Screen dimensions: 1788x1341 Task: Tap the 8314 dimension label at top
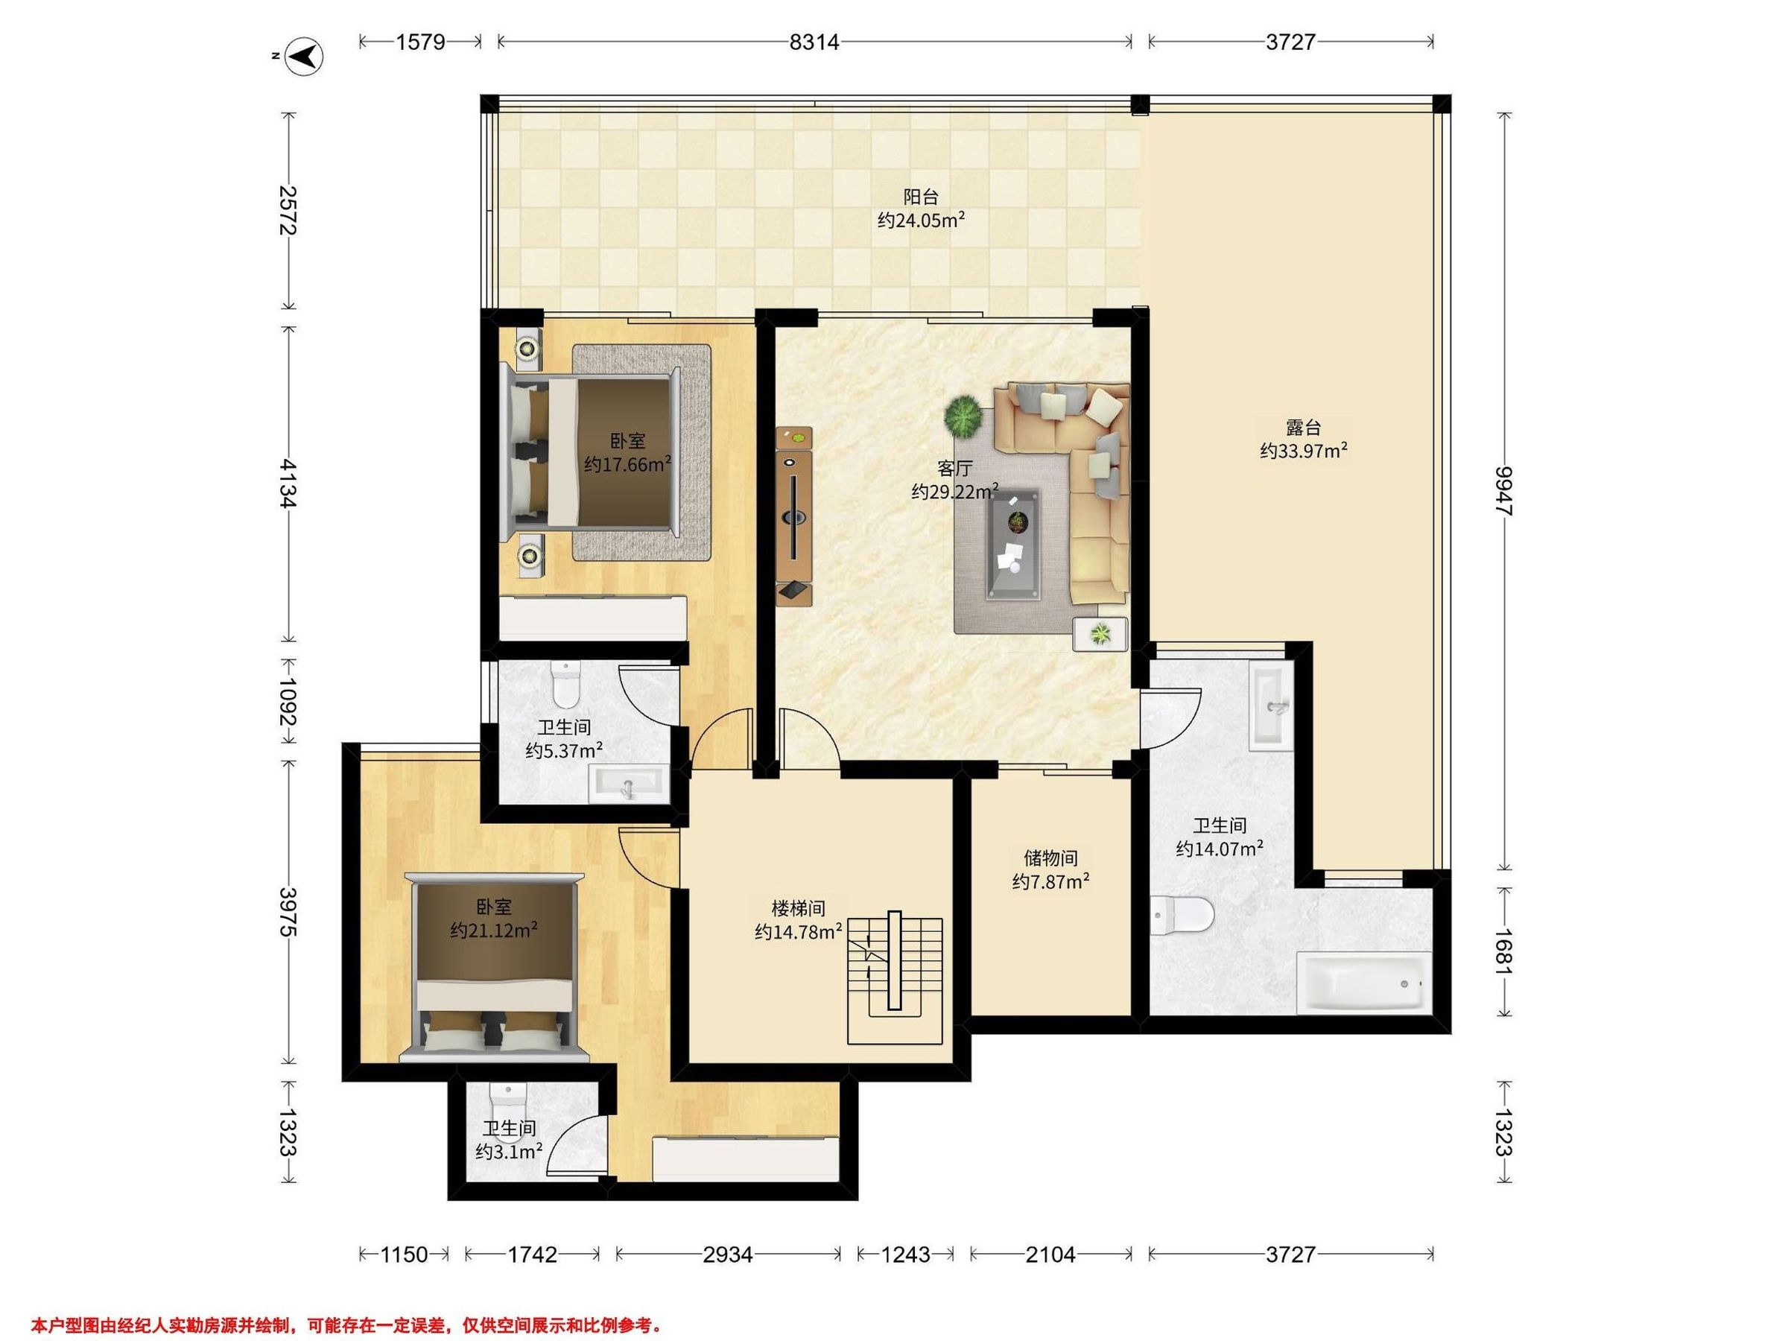point(814,42)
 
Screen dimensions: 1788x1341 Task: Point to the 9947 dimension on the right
point(1503,490)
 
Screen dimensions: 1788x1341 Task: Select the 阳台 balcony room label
point(921,197)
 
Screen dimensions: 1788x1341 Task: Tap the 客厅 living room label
point(954,468)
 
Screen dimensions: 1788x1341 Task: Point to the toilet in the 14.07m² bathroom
point(1182,916)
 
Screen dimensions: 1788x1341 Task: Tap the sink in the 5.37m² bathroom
point(629,783)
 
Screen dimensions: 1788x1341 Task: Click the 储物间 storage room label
point(1050,858)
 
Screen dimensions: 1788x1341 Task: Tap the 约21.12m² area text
point(494,931)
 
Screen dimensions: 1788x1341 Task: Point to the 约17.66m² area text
point(628,465)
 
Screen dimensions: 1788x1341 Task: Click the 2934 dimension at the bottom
point(727,1255)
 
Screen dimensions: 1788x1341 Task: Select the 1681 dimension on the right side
point(1503,951)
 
